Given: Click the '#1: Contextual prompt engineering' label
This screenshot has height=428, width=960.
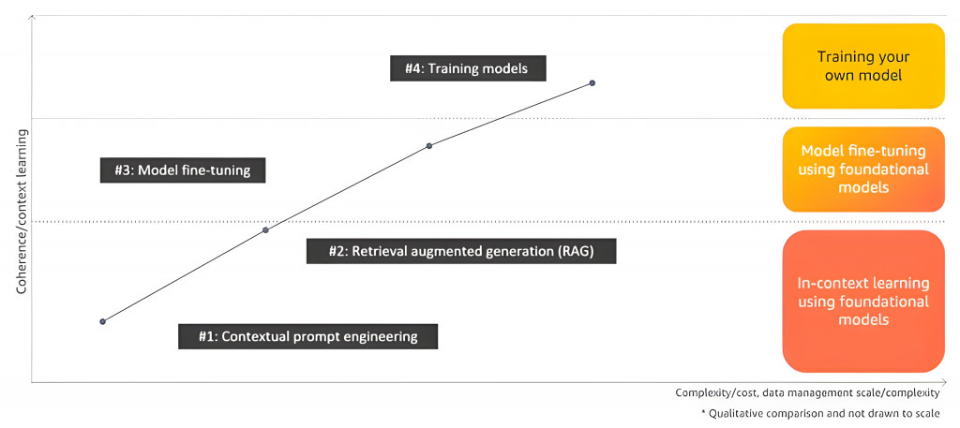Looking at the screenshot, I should [x=307, y=336].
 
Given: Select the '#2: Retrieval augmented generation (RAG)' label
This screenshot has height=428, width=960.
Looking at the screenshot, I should [x=461, y=251].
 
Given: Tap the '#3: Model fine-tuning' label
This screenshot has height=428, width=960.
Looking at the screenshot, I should [x=182, y=170].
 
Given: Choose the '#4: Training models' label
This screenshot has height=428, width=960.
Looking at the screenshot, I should [x=467, y=68].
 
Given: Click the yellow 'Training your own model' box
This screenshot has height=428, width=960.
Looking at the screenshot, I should [x=863, y=66].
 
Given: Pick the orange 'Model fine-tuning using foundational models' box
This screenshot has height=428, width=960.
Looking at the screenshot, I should [x=863, y=170].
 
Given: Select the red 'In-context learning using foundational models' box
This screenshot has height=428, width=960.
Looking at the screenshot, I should [x=863, y=302].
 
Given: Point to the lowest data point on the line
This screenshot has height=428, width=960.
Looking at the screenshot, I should [x=103, y=321].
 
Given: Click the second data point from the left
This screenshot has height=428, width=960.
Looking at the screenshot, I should [x=265, y=229].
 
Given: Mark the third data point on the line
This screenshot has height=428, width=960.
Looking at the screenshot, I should [x=429, y=145].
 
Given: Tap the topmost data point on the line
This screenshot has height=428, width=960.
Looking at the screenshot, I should [x=592, y=82].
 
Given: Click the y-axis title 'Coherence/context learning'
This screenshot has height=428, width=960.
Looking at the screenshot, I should [x=21, y=212].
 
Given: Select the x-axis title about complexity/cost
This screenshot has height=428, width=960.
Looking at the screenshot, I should [x=807, y=393].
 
